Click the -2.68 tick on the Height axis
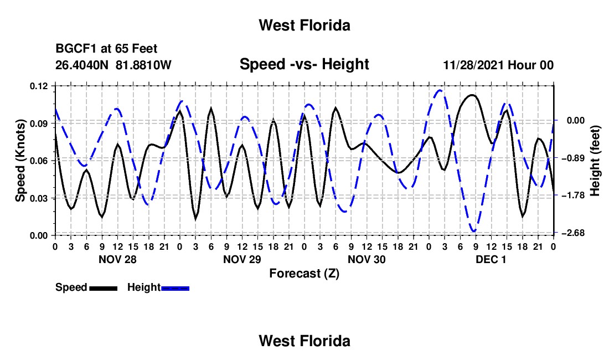(575, 233)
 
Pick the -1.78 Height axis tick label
(575, 196)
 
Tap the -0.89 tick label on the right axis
(575, 158)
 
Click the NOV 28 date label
(118, 260)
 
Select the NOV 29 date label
(242, 260)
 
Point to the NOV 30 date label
(367, 260)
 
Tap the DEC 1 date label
(491, 260)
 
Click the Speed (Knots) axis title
(20, 161)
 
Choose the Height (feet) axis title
(595, 161)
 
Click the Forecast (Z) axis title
(304, 274)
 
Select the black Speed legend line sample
(104, 288)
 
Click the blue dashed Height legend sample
(175, 288)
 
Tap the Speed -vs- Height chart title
(304, 64)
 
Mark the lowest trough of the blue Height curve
(474, 231)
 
